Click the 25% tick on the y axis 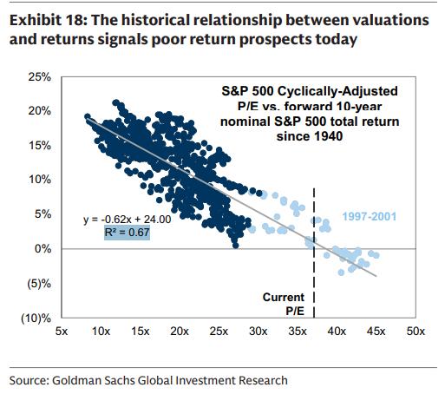[38, 77]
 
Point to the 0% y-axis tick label [41, 248]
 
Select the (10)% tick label [36, 317]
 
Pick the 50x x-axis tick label [415, 332]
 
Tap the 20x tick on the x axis [179, 332]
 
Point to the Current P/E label [283, 304]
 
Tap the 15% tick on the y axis [38, 146]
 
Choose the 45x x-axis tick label [376, 332]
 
